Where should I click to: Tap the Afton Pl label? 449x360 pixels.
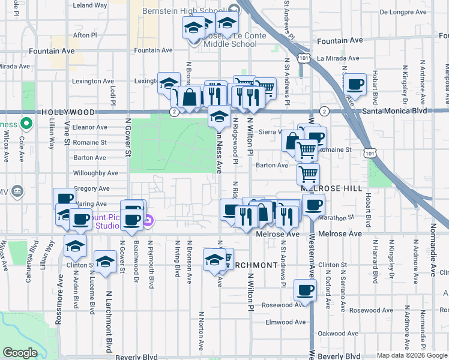[85, 35]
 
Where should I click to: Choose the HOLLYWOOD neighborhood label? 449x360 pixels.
[68, 112]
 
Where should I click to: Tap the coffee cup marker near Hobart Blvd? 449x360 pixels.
[355, 85]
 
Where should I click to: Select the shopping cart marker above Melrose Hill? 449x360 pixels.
[309, 174]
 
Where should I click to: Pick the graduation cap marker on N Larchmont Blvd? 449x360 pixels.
[105, 261]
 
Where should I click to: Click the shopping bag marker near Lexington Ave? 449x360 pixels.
[189, 97]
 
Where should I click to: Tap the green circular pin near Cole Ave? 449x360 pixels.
[25, 124]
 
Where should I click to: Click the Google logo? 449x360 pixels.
[20, 353]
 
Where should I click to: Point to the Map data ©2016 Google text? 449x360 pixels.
[411, 356]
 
